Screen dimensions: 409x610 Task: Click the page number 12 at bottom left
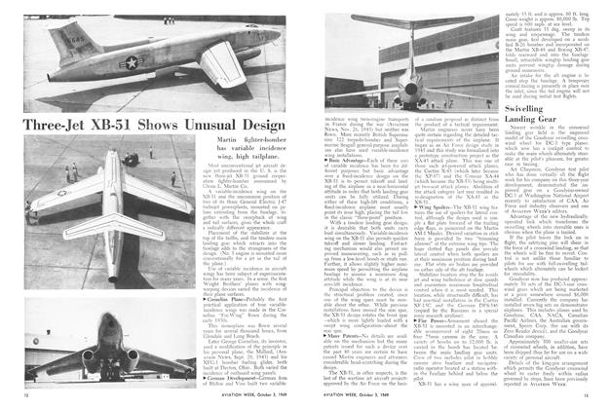click(11, 398)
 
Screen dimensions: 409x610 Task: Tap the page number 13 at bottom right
click(598, 398)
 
